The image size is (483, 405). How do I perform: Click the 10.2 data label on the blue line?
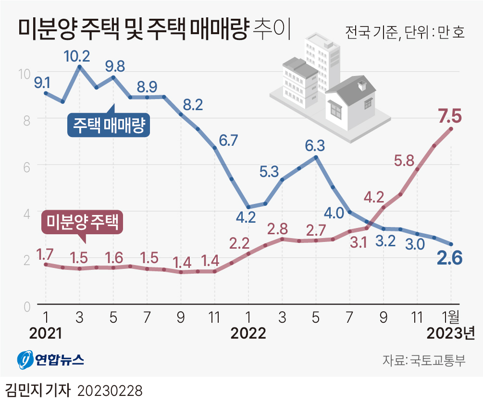(x=77, y=56)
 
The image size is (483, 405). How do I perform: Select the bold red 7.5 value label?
(x=449, y=116)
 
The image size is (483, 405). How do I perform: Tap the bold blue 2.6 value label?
(x=449, y=259)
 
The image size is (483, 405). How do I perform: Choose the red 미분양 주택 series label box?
(x=82, y=222)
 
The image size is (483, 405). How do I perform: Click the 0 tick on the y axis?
(x=27, y=306)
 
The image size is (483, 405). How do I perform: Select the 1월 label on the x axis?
(x=451, y=317)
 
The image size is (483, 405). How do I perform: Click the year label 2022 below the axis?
(x=248, y=334)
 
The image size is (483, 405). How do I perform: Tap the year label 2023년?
(x=451, y=334)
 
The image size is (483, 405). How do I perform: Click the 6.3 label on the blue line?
(x=315, y=144)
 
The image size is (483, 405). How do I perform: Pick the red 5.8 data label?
(x=404, y=161)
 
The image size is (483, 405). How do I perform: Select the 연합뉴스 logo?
(x=50, y=360)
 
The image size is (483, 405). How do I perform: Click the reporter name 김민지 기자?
(x=37, y=390)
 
